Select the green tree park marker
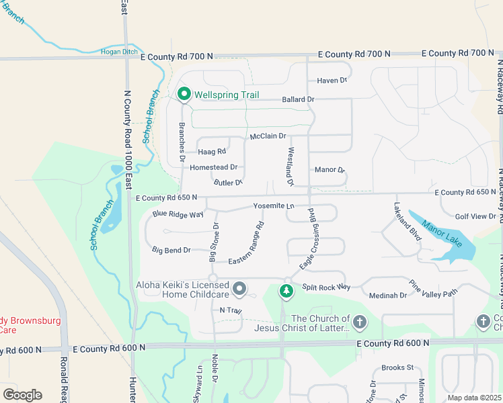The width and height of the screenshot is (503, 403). click(286, 290)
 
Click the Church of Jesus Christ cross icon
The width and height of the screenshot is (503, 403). click(360, 323)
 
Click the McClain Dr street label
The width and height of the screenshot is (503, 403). click(268, 136)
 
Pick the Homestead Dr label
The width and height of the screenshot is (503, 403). click(214, 167)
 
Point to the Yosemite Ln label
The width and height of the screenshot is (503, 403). click(274, 206)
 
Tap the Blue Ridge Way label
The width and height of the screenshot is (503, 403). click(178, 214)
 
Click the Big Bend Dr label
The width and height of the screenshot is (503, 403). click(171, 251)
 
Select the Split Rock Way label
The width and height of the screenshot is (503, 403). click(326, 287)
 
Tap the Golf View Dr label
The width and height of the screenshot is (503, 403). click(475, 216)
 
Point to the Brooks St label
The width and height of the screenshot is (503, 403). click(397, 367)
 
